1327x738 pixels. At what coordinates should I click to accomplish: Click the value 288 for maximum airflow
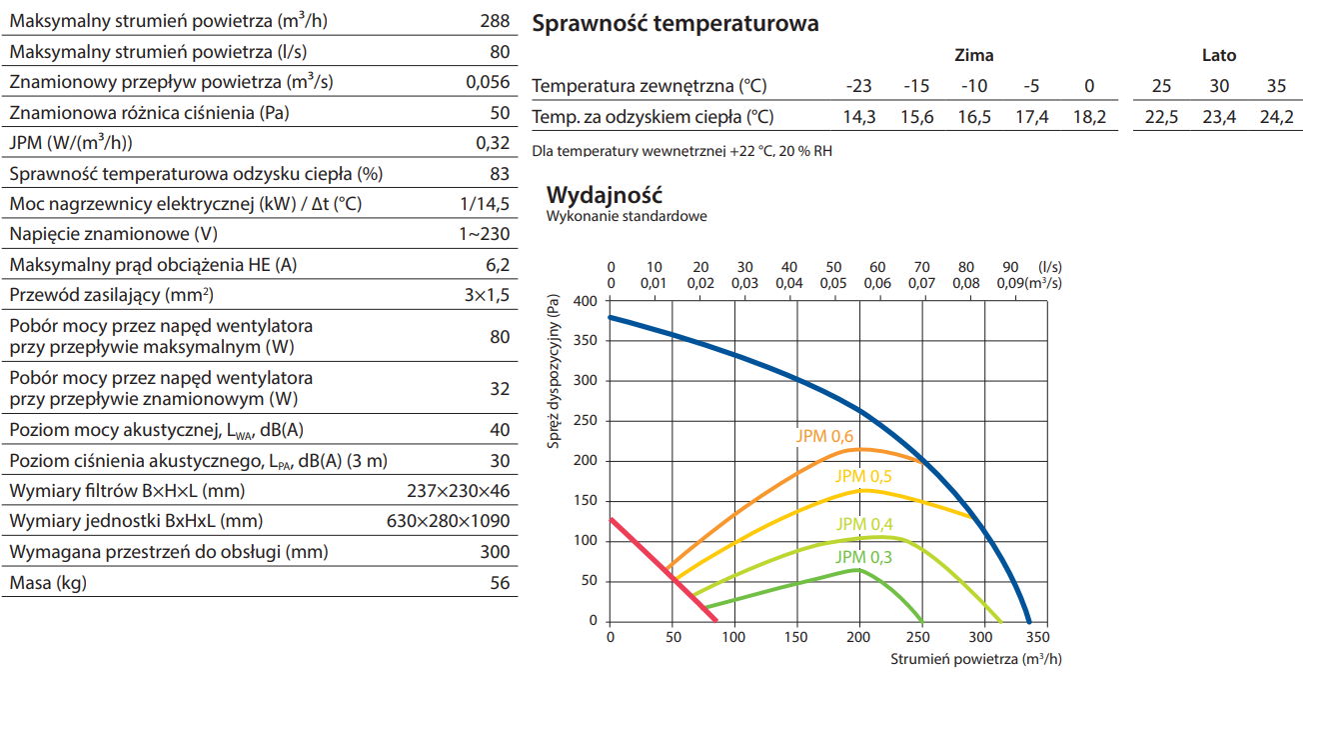pyautogui.click(x=494, y=21)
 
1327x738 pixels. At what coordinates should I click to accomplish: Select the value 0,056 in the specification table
pyautogui.click(x=488, y=82)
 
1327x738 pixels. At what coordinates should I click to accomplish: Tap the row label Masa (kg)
pyautogui.click(x=48, y=583)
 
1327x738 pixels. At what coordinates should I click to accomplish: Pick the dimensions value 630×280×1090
pyautogui.click(x=448, y=521)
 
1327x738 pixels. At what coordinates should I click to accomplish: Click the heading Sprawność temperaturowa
pyautogui.click(x=675, y=23)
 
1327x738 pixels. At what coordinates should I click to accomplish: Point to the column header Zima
pyautogui.click(x=974, y=56)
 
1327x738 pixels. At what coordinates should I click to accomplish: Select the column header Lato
pyautogui.click(x=1219, y=56)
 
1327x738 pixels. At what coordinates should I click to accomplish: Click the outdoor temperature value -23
pyautogui.click(x=858, y=86)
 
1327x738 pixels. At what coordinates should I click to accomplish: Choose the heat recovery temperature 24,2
pyautogui.click(x=1276, y=117)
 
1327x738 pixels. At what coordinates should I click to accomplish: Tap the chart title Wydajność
pyautogui.click(x=604, y=194)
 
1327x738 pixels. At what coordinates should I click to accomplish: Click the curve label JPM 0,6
pyautogui.click(x=824, y=436)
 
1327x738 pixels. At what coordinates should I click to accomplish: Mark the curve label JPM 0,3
pyautogui.click(x=864, y=557)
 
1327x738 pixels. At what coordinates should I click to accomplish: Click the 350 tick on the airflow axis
pyautogui.click(x=1036, y=637)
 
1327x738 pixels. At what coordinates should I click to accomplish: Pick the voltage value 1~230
pyautogui.click(x=484, y=234)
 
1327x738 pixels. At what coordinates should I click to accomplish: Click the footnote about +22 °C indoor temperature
pyautogui.click(x=682, y=152)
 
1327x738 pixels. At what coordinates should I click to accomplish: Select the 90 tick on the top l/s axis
pyautogui.click(x=1010, y=267)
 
